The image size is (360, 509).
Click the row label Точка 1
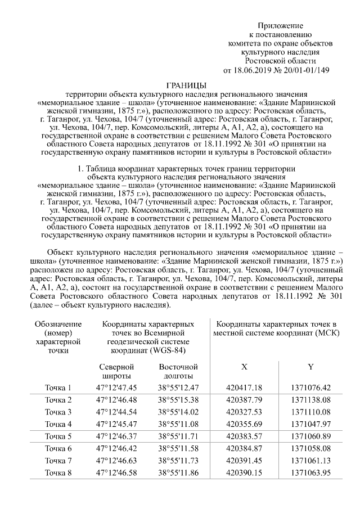coord(58,388)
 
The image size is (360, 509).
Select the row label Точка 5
coord(58,436)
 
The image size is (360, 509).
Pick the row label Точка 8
coord(58,472)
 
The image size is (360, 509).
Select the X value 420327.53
coord(244,412)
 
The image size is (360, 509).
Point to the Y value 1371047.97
coord(310,424)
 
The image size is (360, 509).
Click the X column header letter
coord(244,367)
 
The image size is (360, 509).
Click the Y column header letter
coord(310,367)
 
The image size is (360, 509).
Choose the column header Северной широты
coord(116,371)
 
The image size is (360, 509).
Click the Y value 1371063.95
coord(310,472)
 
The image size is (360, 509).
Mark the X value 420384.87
coord(244,448)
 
